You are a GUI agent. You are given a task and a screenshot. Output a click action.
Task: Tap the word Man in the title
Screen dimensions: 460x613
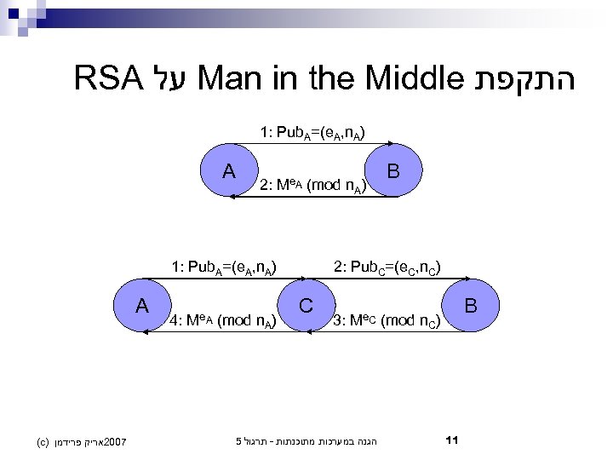pyautogui.click(x=232, y=81)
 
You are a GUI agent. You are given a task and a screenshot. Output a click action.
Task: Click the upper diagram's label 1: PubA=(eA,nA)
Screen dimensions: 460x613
pyautogui.click(x=313, y=132)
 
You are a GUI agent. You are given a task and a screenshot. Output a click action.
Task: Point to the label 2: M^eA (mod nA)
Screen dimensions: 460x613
pyautogui.click(x=313, y=184)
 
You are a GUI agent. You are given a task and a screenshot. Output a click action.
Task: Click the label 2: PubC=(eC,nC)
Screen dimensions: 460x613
pyautogui.click(x=387, y=267)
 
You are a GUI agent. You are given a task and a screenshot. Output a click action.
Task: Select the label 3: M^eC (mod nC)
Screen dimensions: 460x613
pyautogui.click(x=387, y=321)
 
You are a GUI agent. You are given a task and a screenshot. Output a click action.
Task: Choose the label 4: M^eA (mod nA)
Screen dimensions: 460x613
pyautogui.click(x=222, y=321)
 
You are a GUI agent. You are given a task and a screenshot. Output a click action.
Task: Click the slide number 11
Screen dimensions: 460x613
pyautogui.click(x=452, y=440)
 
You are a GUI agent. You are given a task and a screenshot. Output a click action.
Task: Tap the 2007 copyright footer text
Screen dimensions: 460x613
pyautogui.click(x=82, y=441)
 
